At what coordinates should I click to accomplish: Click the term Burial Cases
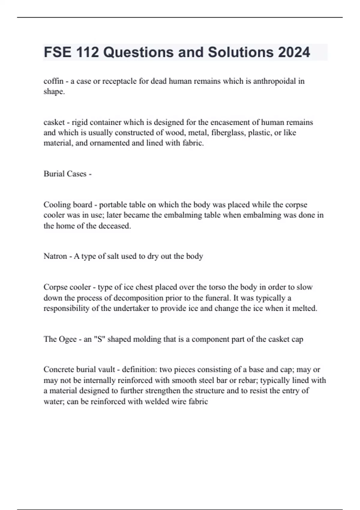point(65,174)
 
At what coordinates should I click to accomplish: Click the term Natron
point(55,256)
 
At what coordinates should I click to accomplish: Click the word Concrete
point(59,370)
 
